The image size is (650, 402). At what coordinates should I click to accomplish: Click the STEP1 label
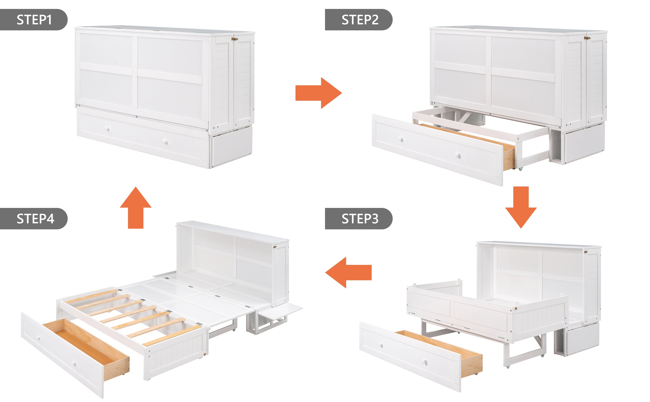tap(34, 20)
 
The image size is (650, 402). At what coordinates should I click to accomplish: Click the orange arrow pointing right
tap(319, 93)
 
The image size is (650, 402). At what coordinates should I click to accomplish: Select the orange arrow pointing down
tap(521, 207)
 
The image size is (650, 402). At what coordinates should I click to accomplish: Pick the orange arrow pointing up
tap(136, 207)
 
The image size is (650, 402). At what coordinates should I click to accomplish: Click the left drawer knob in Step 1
tap(107, 129)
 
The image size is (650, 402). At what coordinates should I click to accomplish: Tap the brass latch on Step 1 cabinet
tap(235, 39)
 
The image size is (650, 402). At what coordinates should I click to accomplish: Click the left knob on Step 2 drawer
tap(401, 139)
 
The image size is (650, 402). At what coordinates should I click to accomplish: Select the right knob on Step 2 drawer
tap(457, 155)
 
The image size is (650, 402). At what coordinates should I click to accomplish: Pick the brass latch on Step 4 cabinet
tap(275, 247)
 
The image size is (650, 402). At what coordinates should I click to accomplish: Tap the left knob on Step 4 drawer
tap(39, 338)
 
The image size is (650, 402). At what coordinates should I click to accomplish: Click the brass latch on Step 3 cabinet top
tap(585, 251)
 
